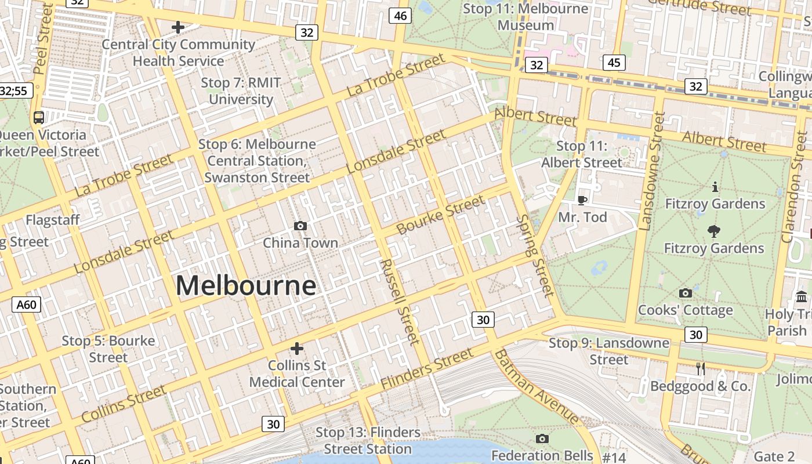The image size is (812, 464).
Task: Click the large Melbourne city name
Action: click(x=246, y=285)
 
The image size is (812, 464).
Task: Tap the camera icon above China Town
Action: click(x=300, y=226)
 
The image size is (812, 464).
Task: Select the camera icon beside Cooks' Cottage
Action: click(x=685, y=293)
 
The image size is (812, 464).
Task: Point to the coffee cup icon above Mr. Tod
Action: click(x=582, y=200)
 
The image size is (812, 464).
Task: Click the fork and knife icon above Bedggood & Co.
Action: click(x=700, y=368)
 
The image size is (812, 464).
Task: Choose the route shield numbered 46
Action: click(x=400, y=16)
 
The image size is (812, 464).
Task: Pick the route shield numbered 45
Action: click(x=614, y=63)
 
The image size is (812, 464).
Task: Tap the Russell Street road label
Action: click(x=399, y=302)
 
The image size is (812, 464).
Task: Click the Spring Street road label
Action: click(x=535, y=255)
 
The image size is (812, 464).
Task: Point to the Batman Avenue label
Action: click(x=535, y=387)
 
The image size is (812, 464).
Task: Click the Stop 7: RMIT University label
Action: click(x=241, y=91)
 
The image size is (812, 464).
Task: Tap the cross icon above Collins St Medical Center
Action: click(x=297, y=348)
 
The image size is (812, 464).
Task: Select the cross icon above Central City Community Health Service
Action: click(x=178, y=27)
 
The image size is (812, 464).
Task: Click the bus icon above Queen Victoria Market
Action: click(x=39, y=117)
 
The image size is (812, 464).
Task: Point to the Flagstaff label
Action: click(x=52, y=220)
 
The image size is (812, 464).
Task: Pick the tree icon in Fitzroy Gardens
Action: click(x=714, y=231)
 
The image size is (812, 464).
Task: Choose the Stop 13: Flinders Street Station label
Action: click(x=368, y=441)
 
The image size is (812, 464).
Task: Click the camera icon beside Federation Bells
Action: click(x=542, y=438)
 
